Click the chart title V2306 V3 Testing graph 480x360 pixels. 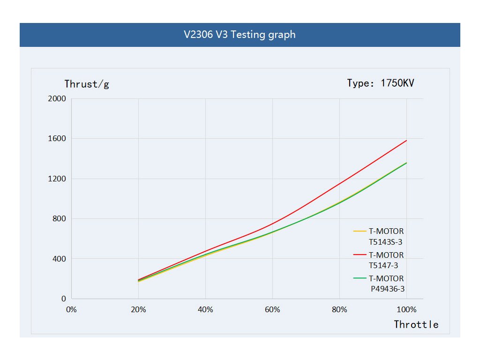[x=240, y=35]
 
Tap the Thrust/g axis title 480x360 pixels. [x=87, y=84]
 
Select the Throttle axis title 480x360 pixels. [x=416, y=324]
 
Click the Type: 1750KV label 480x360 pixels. [x=381, y=83]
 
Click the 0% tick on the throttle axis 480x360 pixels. [x=71, y=310]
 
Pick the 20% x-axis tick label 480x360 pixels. [x=138, y=310]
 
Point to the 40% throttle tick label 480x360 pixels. [x=205, y=310]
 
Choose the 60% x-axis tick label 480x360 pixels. [x=272, y=310]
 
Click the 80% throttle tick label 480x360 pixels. [x=339, y=310]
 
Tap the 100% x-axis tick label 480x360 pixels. [x=406, y=310]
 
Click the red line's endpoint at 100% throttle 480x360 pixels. [x=406, y=140]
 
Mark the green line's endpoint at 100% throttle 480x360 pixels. [x=406, y=163]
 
